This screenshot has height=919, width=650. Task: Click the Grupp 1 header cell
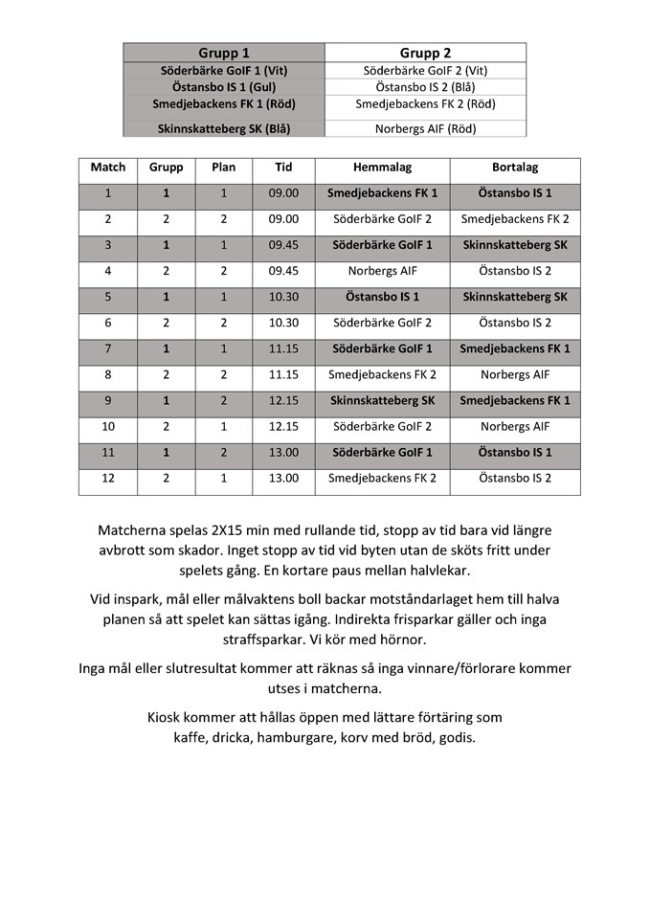point(224,53)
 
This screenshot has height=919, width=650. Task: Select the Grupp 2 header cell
point(425,53)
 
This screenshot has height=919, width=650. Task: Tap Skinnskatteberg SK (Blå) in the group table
point(224,128)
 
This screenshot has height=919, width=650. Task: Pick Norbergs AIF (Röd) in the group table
point(425,128)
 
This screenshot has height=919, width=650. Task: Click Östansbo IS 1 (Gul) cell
point(224,87)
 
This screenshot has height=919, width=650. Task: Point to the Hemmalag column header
point(382,167)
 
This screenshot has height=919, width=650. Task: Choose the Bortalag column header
point(514,167)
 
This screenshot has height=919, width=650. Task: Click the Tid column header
point(283,167)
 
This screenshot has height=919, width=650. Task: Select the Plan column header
point(223,167)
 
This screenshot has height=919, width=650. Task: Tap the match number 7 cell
point(107,348)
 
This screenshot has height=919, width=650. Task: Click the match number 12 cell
point(107,478)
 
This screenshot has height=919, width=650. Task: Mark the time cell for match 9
point(283,400)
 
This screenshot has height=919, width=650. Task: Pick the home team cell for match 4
point(382,271)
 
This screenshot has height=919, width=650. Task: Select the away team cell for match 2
point(514,219)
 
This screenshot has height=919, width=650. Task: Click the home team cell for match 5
point(382,297)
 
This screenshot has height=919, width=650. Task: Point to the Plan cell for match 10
point(223,426)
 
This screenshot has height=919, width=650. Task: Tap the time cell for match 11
point(283,452)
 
